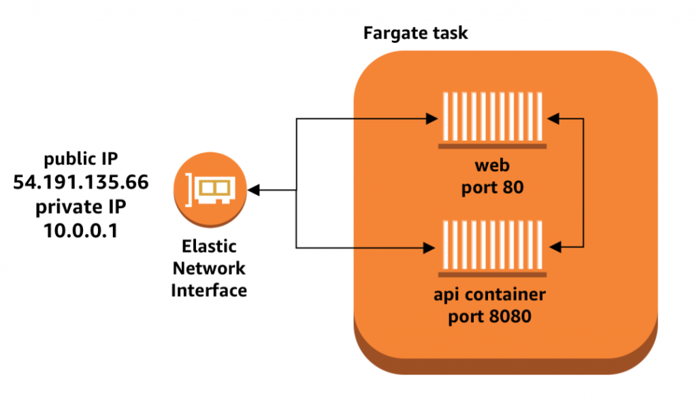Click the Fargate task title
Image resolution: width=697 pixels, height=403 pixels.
[415, 33]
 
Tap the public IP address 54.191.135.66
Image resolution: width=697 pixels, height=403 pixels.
[81, 182]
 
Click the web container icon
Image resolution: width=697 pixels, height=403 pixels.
[492, 118]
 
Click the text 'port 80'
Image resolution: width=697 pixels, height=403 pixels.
[491, 187]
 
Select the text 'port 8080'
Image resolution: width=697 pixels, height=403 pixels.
[491, 317]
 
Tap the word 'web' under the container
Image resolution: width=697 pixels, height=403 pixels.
[491, 166]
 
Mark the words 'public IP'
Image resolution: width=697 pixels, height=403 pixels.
[81, 159]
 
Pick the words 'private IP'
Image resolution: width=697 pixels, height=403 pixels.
[81, 206]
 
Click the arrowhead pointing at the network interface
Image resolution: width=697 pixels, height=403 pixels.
[254, 190]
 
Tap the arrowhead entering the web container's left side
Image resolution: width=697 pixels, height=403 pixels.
[430, 119]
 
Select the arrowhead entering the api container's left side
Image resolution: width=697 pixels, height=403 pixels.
[430, 246]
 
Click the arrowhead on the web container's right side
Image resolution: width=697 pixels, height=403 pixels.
[553, 119]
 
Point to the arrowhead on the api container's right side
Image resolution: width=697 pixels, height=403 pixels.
[553, 246]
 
